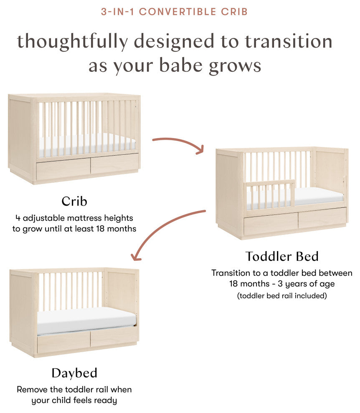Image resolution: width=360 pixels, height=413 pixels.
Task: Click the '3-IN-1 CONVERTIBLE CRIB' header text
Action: pos(174,12)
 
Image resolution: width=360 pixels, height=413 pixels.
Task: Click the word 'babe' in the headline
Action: pos(181,65)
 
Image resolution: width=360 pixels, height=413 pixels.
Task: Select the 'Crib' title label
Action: pos(74,201)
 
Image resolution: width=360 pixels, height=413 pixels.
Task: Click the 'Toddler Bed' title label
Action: pos(282,256)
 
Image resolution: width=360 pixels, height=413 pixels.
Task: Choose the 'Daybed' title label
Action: pos(74,373)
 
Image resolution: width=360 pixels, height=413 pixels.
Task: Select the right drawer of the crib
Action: pos(114,164)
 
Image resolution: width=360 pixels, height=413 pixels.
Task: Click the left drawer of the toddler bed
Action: pos(271,224)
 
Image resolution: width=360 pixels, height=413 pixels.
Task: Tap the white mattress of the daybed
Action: pos(86,320)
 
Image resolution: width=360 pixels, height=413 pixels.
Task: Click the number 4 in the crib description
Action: pos(18,218)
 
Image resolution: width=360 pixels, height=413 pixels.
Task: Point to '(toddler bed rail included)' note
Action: pos(282,295)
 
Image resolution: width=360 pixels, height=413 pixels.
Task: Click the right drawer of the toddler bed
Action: pos(322,218)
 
